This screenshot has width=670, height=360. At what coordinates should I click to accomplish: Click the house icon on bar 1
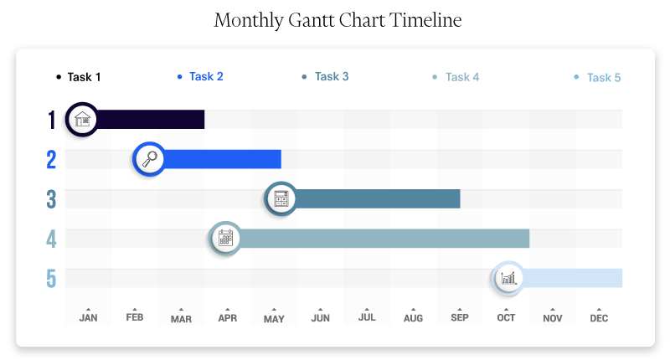82,119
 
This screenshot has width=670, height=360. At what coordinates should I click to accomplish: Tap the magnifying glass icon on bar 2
150,159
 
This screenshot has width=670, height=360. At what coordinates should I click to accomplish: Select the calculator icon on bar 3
281,199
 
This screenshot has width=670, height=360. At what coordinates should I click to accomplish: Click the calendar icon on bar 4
225,239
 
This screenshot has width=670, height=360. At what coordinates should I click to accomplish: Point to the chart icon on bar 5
507,278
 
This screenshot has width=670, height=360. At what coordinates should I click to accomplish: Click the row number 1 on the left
51,120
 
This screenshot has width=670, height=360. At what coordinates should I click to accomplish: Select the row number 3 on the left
51,199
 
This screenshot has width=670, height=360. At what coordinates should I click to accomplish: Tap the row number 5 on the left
51,278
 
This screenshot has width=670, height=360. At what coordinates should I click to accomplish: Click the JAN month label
88,318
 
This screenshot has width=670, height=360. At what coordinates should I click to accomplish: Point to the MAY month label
274,319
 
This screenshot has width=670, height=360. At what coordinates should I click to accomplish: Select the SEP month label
459,318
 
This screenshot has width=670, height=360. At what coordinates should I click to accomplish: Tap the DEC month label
599,318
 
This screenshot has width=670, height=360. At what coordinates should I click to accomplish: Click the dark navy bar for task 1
151,119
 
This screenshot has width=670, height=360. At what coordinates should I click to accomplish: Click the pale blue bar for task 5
574,278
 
